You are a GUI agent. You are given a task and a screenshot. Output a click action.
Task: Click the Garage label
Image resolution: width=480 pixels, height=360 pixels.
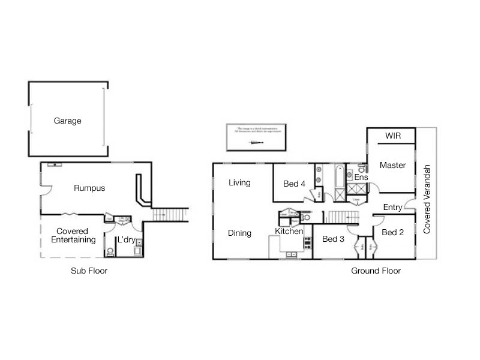67,121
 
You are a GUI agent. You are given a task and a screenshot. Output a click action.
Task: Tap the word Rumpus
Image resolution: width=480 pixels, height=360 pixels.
89,188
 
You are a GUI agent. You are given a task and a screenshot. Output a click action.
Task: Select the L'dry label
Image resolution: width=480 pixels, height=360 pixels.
126,239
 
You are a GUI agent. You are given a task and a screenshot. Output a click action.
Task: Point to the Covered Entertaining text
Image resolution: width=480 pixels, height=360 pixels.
73,235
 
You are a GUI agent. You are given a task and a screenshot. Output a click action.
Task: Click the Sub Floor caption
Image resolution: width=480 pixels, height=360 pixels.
89,271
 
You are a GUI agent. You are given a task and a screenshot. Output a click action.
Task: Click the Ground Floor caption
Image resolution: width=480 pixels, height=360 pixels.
376,271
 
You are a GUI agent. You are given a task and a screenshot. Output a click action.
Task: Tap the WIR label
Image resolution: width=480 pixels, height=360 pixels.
393,136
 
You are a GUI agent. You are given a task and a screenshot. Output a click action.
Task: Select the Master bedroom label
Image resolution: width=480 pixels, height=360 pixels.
393,165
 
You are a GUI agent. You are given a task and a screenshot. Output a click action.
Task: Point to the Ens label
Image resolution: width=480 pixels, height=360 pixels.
361,178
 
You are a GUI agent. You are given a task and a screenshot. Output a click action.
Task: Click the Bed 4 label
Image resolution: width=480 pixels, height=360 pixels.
295,184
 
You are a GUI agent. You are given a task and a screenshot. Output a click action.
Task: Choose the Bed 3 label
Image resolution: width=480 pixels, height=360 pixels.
333,239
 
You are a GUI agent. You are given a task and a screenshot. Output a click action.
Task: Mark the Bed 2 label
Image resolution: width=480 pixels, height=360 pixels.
392,232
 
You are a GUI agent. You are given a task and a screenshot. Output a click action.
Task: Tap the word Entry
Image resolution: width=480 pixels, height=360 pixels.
392,208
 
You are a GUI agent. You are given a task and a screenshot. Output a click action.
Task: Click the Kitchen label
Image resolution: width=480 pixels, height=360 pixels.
289,231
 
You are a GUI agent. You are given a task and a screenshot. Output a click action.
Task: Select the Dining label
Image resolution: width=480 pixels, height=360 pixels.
240,233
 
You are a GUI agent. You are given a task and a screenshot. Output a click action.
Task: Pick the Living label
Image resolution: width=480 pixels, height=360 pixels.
239,183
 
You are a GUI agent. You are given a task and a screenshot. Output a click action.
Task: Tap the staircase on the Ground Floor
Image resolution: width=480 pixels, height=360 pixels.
342,217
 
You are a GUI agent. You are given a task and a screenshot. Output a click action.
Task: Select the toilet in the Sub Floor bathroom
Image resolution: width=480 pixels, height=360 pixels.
110,251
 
